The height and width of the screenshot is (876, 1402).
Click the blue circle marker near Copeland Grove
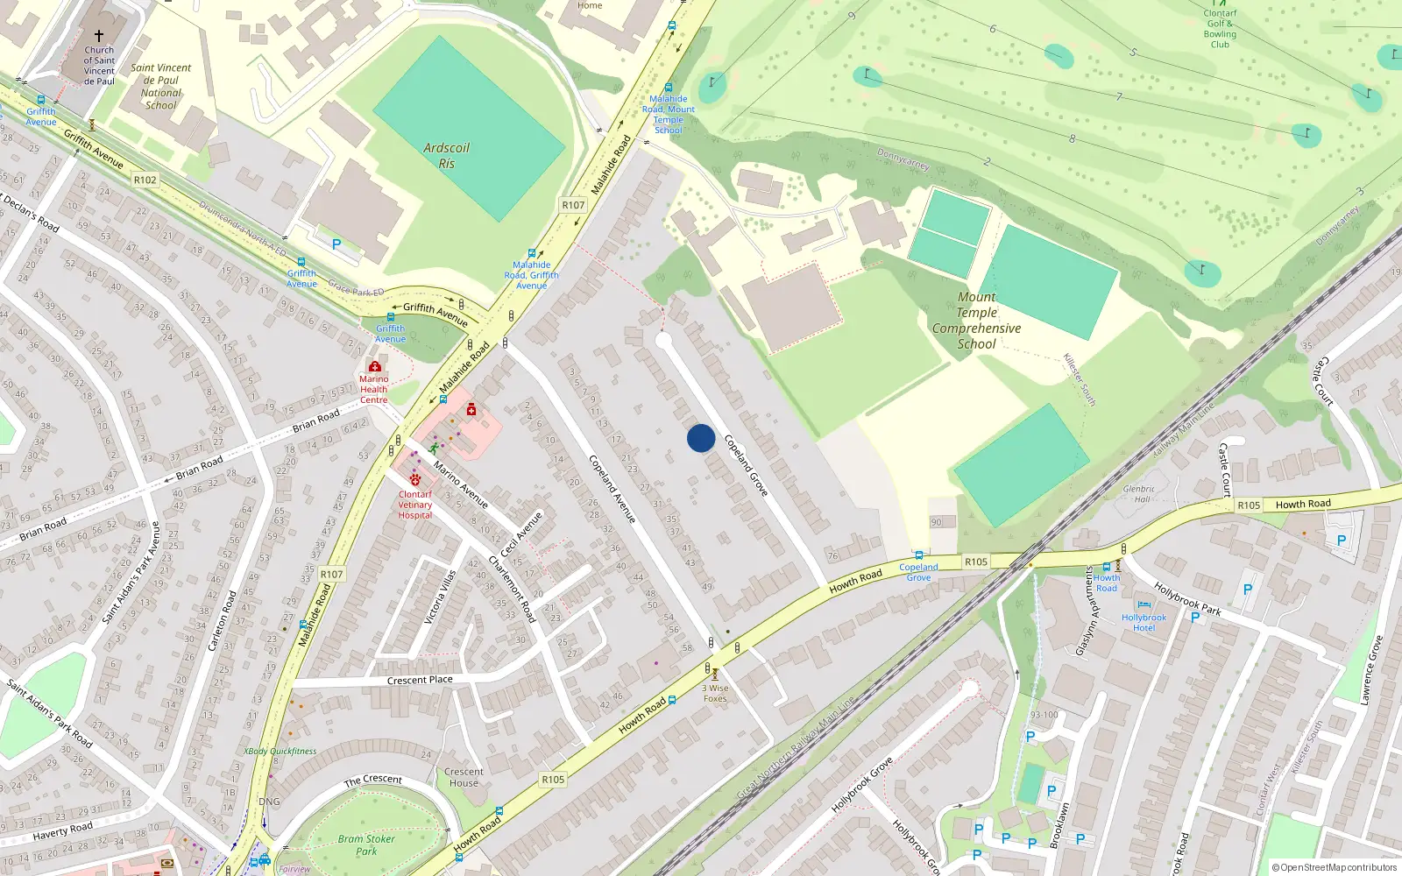pos(700,438)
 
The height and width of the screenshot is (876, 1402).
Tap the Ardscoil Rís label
pos(446,155)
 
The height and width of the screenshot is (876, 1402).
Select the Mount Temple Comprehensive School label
pos(976,321)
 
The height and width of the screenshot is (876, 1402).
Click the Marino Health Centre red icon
pos(375,366)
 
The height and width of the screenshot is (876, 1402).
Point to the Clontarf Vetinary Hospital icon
pos(415,479)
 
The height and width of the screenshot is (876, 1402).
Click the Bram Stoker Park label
pos(366,844)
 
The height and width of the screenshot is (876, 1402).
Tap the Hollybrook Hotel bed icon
pos(1144,604)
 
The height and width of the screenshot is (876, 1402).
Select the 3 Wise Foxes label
pos(715,693)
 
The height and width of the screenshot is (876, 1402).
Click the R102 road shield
pos(145,180)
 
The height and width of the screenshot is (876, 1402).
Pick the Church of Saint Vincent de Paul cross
pos(99,36)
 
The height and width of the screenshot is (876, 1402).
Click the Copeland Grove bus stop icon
pos(918,555)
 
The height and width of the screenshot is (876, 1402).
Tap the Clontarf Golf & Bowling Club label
pos(1220,29)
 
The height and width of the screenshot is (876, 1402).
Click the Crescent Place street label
pos(420,680)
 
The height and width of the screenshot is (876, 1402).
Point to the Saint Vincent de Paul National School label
pos(161,86)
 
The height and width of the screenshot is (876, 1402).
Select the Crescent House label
pos(464,777)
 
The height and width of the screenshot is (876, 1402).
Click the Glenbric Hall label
pos(1138,494)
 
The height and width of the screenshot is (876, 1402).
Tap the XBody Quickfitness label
pos(280,751)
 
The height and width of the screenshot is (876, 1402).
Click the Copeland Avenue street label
pos(612,489)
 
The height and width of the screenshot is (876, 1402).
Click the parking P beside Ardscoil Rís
pos(336,244)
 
